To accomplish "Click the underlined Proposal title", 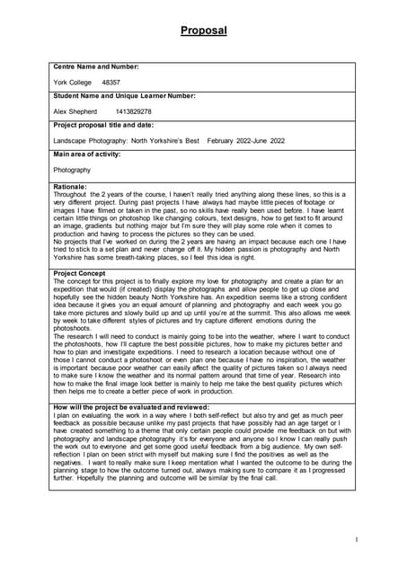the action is [203, 31].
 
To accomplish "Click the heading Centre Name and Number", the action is [96, 67].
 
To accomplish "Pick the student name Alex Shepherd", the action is [75, 111].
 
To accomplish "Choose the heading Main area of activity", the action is [87, 155].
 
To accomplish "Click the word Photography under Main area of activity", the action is [72, 170].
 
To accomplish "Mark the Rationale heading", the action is [70, 186].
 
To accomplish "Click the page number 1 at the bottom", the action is [356, 539].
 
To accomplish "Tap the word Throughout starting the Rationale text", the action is [71, 193].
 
